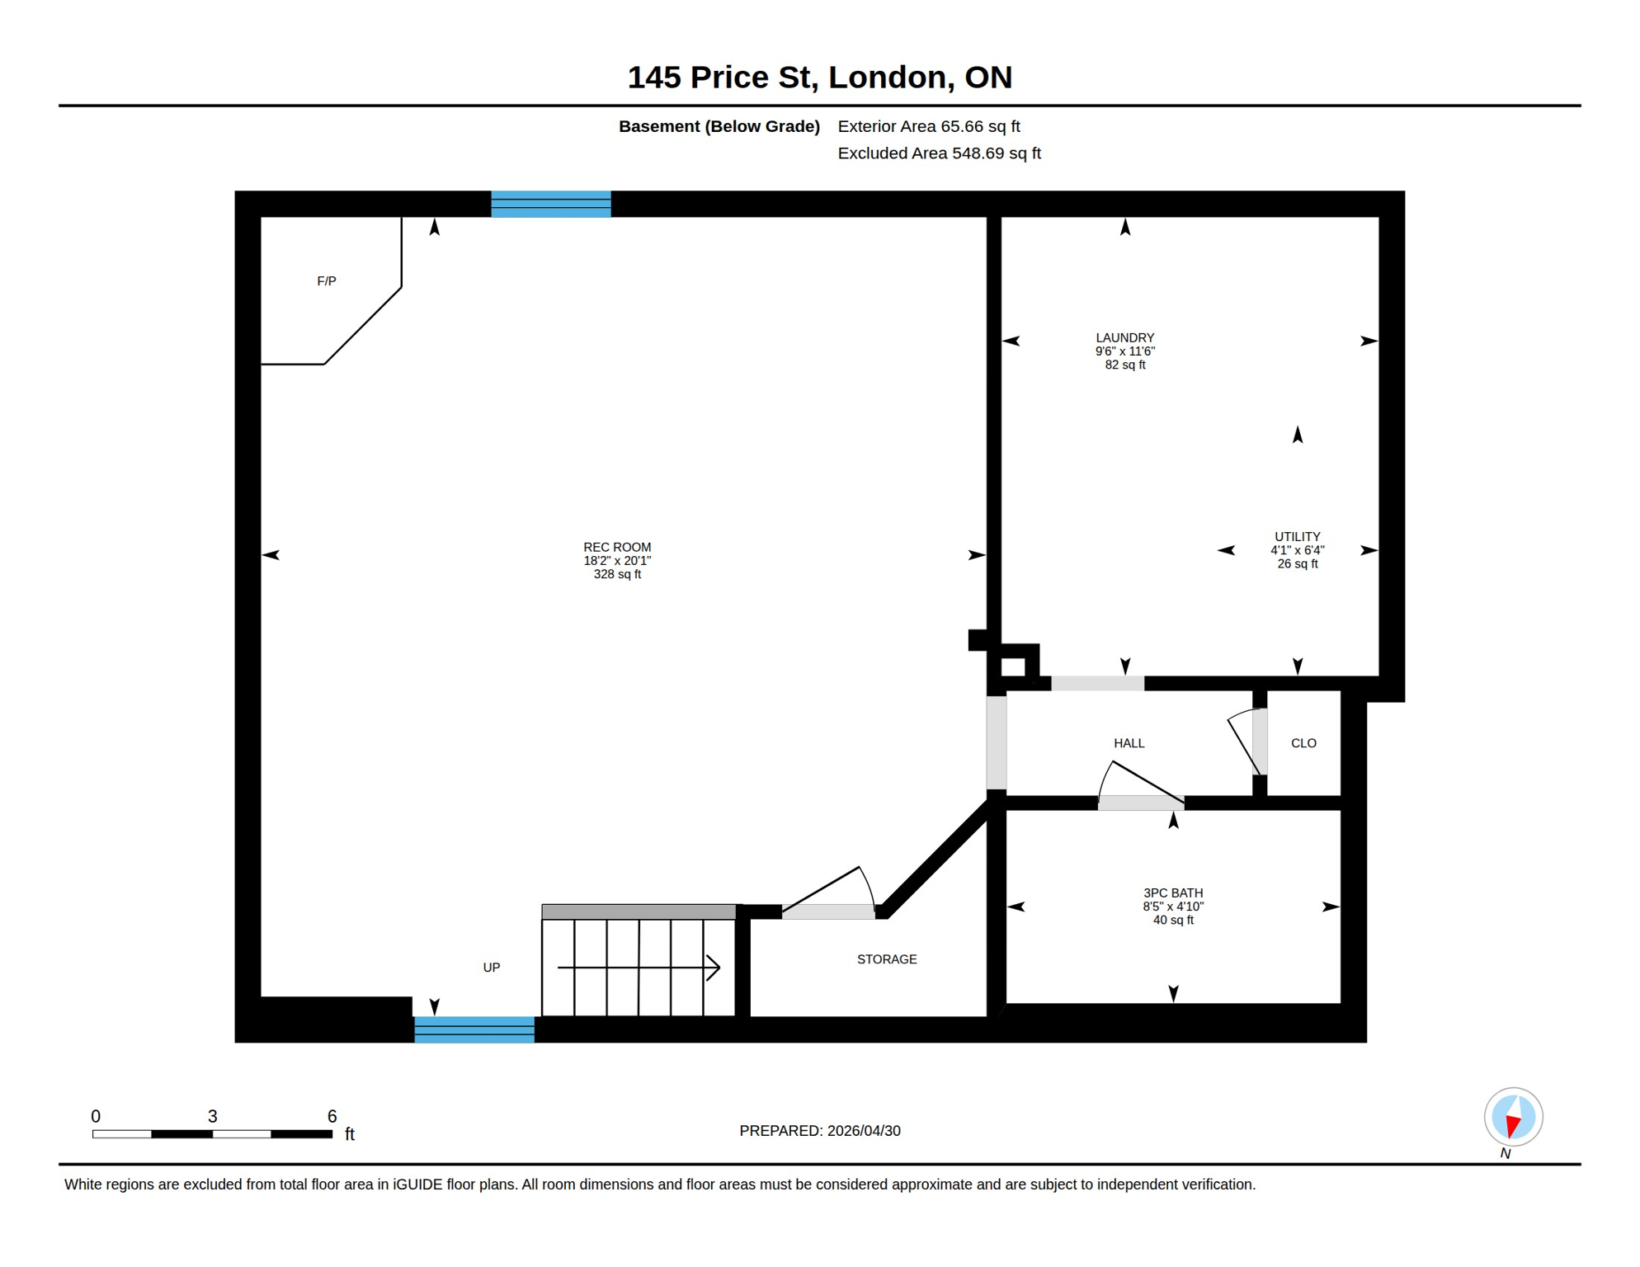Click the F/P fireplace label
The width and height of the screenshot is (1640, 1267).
coord(327,281)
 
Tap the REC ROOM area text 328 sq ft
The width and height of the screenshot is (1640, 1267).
coord(617,575)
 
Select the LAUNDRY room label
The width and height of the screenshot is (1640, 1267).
coord(1124,337)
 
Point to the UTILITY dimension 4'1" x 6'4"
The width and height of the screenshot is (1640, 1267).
coord(1297,550)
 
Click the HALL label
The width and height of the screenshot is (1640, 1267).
coord(1129,743)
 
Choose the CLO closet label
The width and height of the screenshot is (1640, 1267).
coord(1303,743)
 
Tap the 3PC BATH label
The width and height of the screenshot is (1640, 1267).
coord(1172,893)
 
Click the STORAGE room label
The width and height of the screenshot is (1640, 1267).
coord(886,959)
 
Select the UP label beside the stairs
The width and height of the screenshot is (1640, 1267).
coord(491,968)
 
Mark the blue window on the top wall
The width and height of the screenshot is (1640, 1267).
coord(550,204)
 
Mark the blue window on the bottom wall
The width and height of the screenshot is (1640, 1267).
coord(474,1029)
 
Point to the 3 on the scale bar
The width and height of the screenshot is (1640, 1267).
coord(212,1116)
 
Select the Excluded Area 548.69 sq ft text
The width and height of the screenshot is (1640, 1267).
coord(939,153)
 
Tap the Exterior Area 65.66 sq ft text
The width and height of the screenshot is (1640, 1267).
coord(928,126)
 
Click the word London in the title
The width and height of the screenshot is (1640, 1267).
coord(887,77)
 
